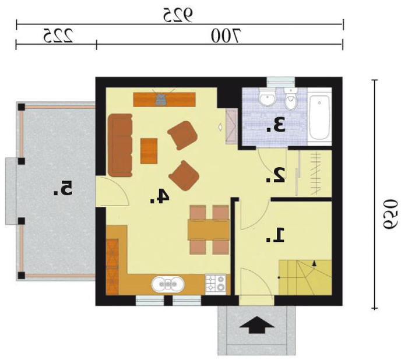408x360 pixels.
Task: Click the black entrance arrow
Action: [256, 324]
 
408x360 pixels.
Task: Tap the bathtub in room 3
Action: [319, 117]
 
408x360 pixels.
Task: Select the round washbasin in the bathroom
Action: [268, 97]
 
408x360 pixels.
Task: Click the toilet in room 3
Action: [290, 98]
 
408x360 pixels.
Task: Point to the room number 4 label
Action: [160, 196]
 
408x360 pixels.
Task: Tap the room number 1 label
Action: [275, 235]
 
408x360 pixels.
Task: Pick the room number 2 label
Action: [275, 175]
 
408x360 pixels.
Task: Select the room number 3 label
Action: [276, 125]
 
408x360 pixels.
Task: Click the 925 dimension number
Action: [178, 15]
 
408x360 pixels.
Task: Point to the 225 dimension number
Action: [58, 35]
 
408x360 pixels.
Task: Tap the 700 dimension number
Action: [226, 36]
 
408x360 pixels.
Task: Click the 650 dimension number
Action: [391, 214]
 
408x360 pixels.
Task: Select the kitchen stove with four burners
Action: [216, 284]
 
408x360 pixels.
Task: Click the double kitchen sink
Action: [168, 284]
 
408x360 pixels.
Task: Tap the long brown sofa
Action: [120, 145]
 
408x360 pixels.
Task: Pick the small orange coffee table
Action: [149, 151]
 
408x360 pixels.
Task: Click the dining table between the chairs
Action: [209, 230]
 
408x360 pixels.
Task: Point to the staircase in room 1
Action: [305, 277]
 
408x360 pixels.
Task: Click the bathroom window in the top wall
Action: [281, 83]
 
